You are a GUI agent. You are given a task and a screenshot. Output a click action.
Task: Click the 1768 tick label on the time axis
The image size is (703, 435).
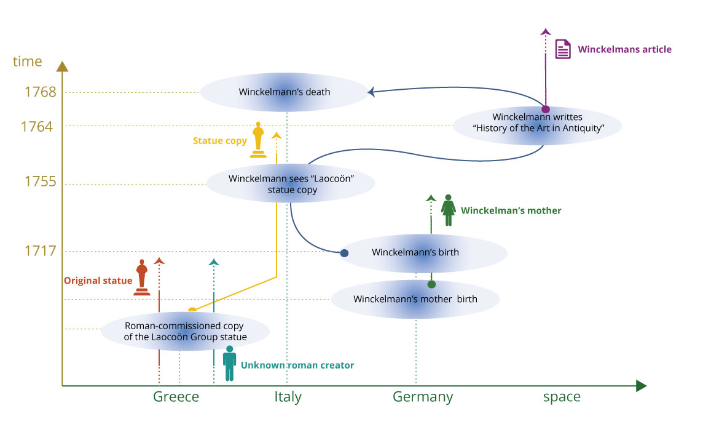[x=41, y=92]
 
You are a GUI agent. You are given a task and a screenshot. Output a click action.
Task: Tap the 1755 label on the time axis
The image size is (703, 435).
[x=41, y=182]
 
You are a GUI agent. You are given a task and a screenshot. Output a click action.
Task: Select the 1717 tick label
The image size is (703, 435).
[x=41, y=251]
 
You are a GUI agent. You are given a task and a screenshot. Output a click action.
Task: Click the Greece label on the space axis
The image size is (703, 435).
[x=176, y=397]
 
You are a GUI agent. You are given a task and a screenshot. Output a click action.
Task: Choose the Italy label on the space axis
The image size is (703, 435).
[x=288, y=397]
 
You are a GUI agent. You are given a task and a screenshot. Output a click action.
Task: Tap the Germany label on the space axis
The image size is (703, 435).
[x=423, y=397]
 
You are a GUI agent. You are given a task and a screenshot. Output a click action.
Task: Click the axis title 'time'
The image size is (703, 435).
[x=27, y=62]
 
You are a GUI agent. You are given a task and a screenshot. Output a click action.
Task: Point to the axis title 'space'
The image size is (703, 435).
[x=562, y=397]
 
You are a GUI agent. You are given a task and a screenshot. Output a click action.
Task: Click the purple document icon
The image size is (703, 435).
[x=563, y=49]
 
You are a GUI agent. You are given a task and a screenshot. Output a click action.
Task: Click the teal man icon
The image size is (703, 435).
[x=230, y=362]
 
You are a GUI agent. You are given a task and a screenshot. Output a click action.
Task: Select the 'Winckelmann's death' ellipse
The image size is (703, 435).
[x=285, y=92]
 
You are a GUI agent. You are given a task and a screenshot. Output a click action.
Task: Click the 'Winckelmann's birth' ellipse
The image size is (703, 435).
[x=423, y=252]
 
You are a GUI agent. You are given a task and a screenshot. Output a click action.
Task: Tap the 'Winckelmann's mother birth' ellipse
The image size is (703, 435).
[x=415, y=300]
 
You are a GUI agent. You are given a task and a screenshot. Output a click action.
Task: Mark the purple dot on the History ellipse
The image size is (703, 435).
[x=545, y=109]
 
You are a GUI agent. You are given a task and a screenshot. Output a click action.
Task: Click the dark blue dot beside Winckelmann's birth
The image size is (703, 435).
[x=345, y=253]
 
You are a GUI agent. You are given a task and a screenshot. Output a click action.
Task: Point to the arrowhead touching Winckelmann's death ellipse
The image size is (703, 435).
[x=372, y=93]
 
